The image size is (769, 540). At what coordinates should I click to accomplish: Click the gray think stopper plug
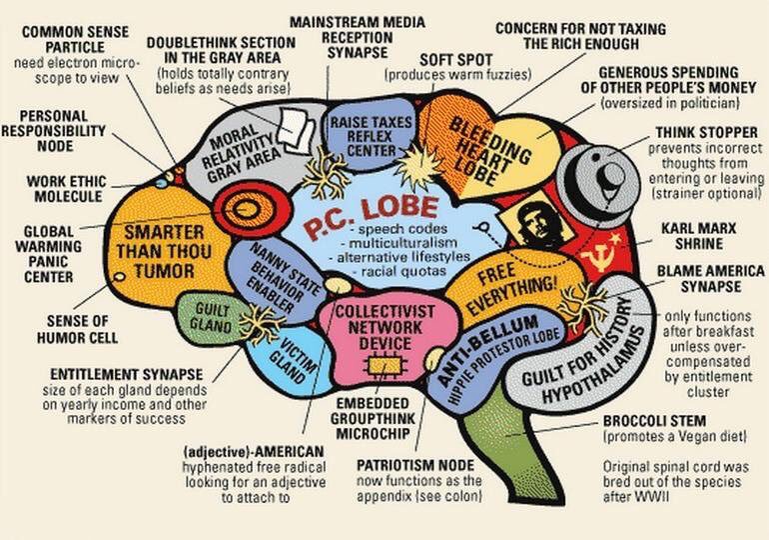tap(589, 177)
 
